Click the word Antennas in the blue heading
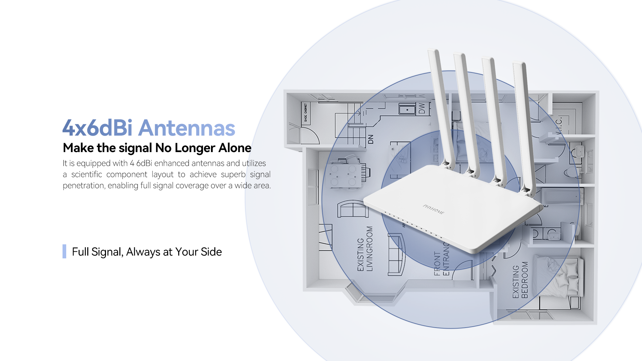tap(187, 128)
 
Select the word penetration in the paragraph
tap(84, 186)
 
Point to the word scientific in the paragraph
tap(87, 174)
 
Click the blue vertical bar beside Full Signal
tap(64, 251)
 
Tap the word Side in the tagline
tap(211, 252)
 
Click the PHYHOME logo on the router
tap(433, 209)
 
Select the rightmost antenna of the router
tap(524, 127)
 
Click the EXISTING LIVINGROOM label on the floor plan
tap(365, 249)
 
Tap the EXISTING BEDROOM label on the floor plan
tap(520, 280)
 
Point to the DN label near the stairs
tap(370, 139)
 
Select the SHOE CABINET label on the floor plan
tap(305, 113)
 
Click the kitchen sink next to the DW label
tap(407, 109)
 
